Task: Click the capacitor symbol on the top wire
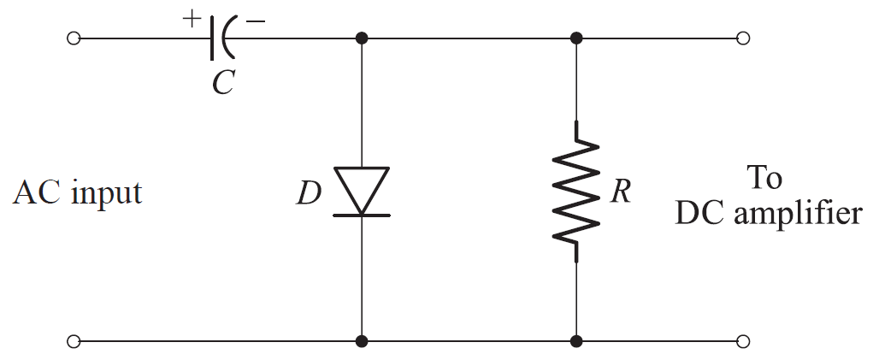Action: click(x=221, y=38)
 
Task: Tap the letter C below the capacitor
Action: click(x=223, y=84)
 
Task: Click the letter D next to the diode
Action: click(x=309, y=195)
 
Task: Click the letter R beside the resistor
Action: click(x=621, y=192)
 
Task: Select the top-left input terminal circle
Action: click(x=74, y=38)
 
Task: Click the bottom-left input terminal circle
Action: click(x=74, y=341)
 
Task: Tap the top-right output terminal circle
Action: click(x=743, y=38)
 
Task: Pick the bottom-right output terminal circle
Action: click(x=743, y=341)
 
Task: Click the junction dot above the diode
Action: click(x=361, y=38)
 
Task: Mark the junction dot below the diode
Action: click(x=361, y=341)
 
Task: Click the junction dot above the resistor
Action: click(x=576, y=38)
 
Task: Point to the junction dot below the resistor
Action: click(x=576, y=341)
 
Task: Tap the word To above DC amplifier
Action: click(x=764, y=178)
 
